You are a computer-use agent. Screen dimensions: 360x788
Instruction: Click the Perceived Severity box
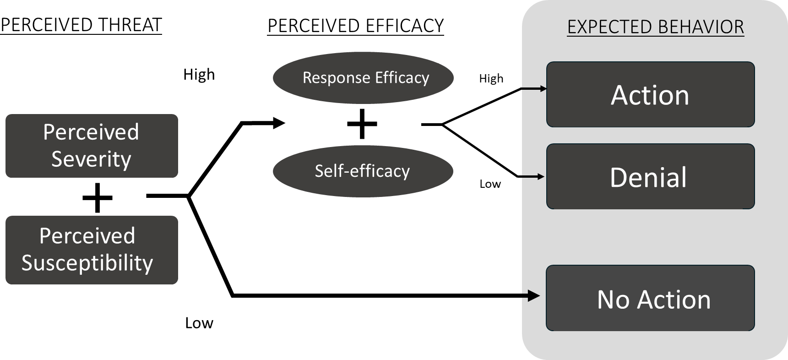[92, 146]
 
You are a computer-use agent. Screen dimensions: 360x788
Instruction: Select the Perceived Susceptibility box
[92, 250]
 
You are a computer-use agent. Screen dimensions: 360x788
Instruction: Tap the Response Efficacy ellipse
[363, 78]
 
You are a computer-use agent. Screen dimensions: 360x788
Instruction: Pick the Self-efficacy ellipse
[363, 171]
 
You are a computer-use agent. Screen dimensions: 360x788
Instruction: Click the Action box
[650, 95]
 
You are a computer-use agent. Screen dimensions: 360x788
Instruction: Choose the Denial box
[650, 177]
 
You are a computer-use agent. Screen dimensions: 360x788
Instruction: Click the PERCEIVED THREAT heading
[81, 25]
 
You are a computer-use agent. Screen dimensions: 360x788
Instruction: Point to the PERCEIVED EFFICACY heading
[355, 26]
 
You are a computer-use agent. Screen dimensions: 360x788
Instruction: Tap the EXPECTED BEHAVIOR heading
[655, 27]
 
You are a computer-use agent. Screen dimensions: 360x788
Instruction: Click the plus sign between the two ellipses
[362, 124]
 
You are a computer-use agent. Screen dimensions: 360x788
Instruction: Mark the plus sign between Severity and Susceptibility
[98, 197]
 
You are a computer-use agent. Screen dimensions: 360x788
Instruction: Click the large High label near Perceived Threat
[199, 75]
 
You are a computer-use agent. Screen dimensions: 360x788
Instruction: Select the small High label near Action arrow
[491, 79]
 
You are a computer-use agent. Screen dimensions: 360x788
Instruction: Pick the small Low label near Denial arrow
[490, 184]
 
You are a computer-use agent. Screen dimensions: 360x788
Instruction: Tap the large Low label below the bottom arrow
[199, 323]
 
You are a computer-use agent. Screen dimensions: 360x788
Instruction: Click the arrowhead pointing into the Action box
[543, 88]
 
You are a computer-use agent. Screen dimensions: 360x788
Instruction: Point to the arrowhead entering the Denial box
[541, 176]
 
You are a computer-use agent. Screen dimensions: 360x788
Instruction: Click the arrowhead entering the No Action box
[534, 296]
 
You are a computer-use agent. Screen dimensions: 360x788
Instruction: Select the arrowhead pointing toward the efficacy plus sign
[279, 123]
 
